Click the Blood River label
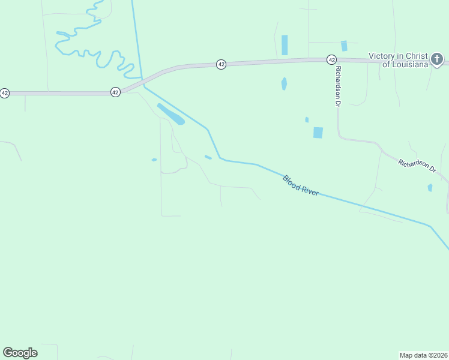301,185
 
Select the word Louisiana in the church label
409,64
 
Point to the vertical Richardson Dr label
338,86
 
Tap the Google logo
20,353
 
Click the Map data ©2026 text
424,355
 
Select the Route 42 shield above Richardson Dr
331,59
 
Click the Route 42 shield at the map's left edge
5,93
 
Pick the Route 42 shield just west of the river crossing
115,92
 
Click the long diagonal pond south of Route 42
170,114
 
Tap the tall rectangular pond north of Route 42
285,45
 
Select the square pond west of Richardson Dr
318,133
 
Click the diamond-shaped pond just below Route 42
284,83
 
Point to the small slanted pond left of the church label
344,46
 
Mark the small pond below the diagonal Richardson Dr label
430,187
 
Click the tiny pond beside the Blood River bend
208,157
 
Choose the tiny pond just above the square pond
307,119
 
